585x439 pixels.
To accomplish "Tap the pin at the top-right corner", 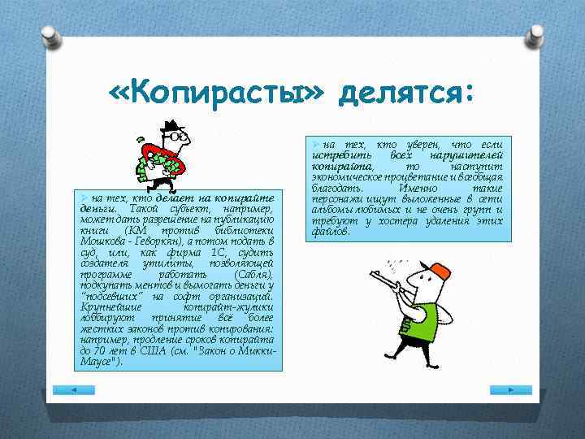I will click(535, 36).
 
